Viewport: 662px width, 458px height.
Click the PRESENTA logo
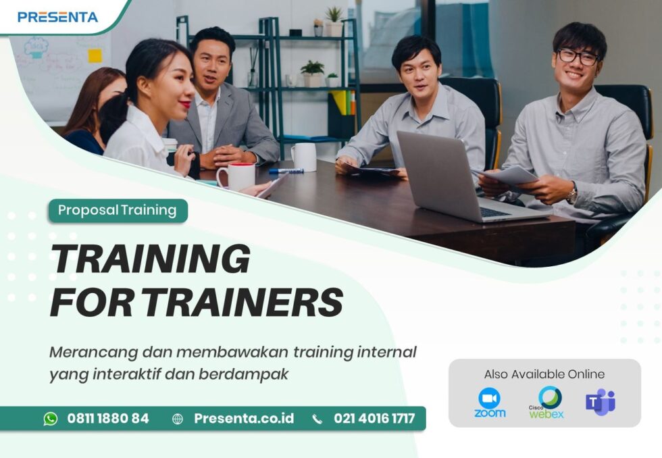[57, 17]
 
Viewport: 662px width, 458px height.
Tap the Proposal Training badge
[117, 210]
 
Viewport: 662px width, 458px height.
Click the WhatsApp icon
[51, 419]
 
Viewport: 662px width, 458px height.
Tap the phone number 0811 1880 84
[108, 419]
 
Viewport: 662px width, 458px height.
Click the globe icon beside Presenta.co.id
[178, 419]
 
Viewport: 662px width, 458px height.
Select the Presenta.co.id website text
[244, 419]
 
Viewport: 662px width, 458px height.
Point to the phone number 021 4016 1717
[374, 419]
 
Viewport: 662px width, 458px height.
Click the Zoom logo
[490, 403]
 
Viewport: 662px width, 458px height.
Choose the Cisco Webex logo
[546, 403]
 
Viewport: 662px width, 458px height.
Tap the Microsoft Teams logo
[600, 402]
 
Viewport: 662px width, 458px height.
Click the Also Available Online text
[544, 374]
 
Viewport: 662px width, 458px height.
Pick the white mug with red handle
[236, 176]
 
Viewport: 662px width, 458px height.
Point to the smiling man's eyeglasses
[578, 57]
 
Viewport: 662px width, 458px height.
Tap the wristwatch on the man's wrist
[572, 195]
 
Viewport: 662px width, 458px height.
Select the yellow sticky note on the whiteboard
[95, 55]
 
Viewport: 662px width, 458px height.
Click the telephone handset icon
[317, 419]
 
